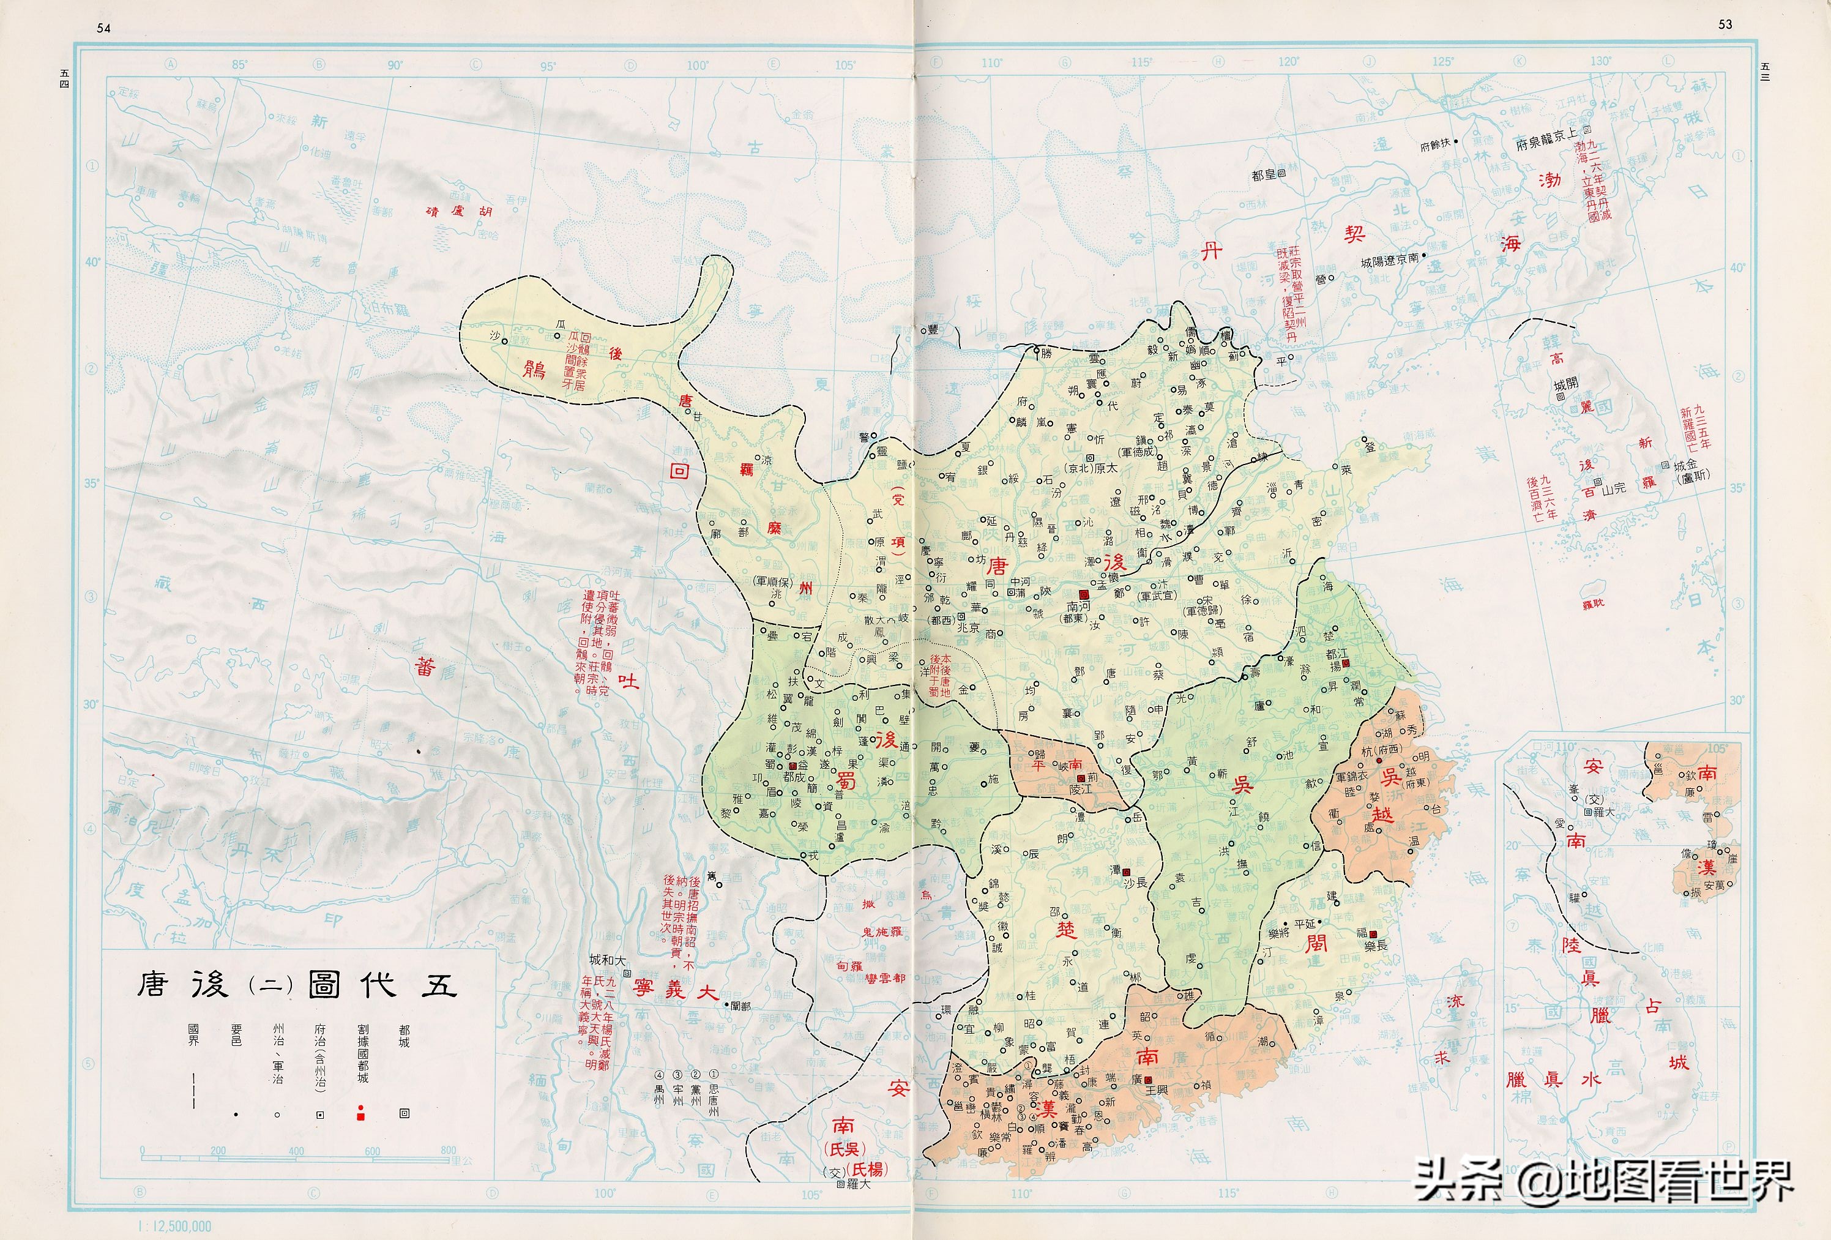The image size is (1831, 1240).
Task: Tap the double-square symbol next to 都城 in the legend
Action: (404, 1113)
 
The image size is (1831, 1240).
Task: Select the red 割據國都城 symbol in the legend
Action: (361, 1113)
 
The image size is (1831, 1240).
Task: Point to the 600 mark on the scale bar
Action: (372, 1151)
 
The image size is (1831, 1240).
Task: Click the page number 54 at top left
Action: (103, 28)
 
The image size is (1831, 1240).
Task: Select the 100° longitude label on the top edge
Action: (696, 65)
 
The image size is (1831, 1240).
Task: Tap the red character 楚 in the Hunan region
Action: (1065, 930)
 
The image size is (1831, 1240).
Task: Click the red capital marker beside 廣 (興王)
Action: (1148, 1079)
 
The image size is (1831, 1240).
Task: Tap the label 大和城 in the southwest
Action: (608, 960)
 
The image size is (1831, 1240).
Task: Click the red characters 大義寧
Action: (675, 990)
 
